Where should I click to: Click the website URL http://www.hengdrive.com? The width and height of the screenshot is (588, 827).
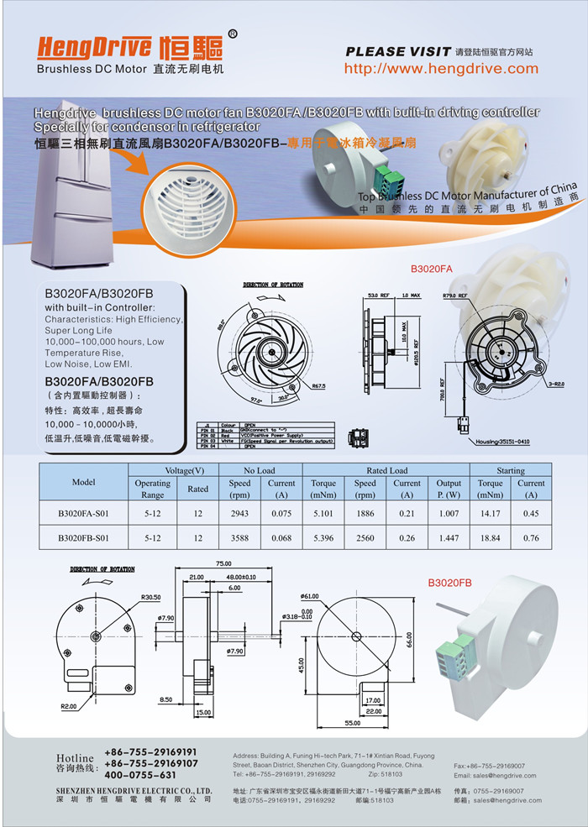pos(441,69)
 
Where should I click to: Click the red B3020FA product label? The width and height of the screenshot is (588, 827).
pos(431,269)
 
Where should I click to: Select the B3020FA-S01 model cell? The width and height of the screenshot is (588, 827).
pos(83,512)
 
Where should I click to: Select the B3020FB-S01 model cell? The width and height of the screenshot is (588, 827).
pos(83,537)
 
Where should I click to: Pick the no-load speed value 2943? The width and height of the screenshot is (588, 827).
pos(239,512)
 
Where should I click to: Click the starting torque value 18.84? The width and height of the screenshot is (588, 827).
pos(490,537)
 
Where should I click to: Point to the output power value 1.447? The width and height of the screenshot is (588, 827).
pos(449,537)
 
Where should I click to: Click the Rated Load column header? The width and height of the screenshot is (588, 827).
pos(386,470)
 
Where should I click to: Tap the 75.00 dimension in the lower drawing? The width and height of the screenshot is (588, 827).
pos(223,564)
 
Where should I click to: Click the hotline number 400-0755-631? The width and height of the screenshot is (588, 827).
pos(140,775)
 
